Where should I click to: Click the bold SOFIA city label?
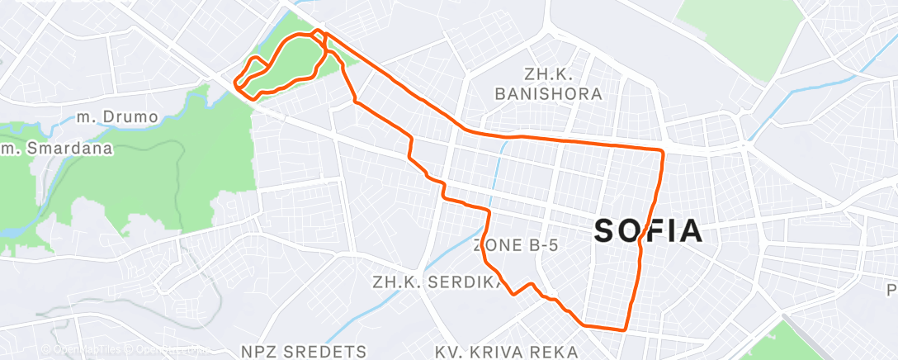click(x=649, y=232)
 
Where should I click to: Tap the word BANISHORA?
click(x=548, y=94)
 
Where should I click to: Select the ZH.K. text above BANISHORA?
click(x=549, y=73)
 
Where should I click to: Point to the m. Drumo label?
click(x=116, y=117)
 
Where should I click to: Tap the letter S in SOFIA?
click(x=605, y=232)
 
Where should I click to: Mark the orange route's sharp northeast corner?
click(x=663, y=151)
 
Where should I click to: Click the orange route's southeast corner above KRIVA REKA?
click(x=626, y=329)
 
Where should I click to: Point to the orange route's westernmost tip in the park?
click(x=235, y=83)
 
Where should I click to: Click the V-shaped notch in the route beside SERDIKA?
click(x=513, y=293)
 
